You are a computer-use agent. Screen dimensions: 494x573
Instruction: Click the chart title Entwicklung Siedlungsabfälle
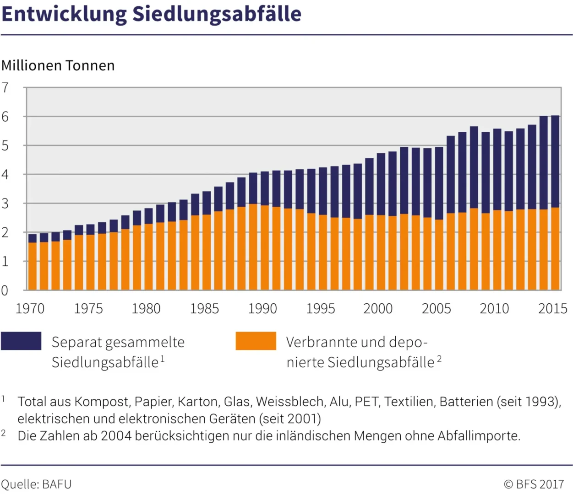pos(151,14)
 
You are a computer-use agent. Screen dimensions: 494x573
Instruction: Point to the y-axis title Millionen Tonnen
pos(58,65)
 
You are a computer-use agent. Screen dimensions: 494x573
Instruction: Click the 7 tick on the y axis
pos(5,87)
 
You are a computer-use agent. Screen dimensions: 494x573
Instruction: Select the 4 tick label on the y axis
pos(5,174)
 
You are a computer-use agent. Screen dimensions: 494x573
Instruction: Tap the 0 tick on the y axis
pos(5,290)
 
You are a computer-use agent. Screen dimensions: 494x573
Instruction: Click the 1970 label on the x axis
pos(30,309)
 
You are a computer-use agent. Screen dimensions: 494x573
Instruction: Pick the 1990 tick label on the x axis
pos(262,309)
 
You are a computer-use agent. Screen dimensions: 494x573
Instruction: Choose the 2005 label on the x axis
pos(436,309)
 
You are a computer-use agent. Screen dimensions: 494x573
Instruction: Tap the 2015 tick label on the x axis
pos(552,309)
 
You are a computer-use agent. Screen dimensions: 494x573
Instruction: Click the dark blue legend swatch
pos(21,341)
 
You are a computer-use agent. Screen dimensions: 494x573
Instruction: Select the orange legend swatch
pos(256,341)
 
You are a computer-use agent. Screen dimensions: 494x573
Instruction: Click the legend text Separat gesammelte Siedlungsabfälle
pos(118,352)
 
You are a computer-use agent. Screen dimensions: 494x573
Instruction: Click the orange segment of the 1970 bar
pos(33,266)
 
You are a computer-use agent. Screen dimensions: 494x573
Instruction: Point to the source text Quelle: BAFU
pos(36,484)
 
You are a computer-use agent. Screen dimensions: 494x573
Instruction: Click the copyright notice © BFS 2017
pos(534,484)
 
